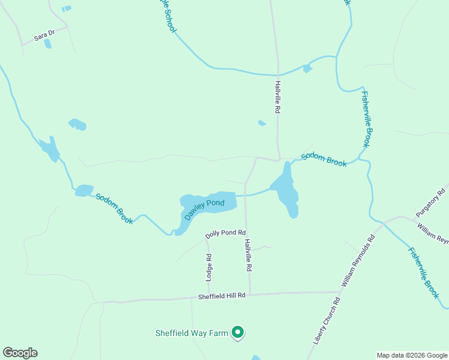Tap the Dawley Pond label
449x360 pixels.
205,209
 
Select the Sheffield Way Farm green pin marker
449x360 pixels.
238,331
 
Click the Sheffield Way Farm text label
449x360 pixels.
193,332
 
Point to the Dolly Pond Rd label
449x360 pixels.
226,233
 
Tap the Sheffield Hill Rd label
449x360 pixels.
222,296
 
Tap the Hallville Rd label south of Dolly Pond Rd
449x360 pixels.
247,256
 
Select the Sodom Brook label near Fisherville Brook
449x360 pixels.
324,159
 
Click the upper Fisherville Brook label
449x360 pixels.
368,119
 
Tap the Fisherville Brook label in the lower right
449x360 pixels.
424,274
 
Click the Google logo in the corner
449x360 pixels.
20,353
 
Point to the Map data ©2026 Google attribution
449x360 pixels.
411,355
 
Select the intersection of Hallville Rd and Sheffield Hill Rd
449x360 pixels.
250,295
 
